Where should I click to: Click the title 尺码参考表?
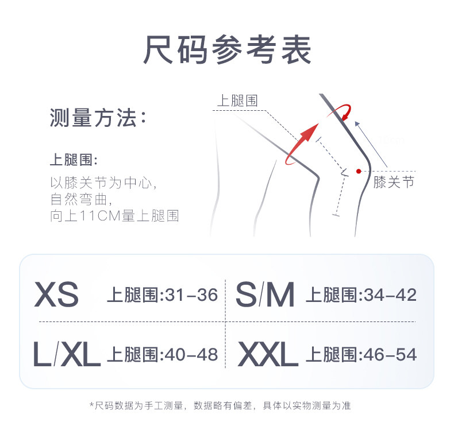227,51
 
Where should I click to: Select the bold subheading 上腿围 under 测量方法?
73,160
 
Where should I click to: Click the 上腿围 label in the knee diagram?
237,101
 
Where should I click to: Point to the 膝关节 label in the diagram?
394,183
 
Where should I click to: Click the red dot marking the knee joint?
359,170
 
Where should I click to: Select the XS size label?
56,294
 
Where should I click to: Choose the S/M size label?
265,294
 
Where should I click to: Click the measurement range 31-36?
191,295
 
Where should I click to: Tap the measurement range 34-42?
390,295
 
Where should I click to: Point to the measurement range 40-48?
191,355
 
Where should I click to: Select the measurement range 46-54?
390,355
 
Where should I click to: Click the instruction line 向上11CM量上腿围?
114,216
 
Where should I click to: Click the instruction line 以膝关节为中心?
103,184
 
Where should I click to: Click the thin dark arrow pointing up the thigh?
371,144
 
